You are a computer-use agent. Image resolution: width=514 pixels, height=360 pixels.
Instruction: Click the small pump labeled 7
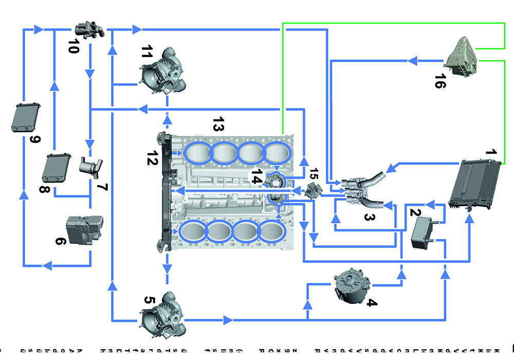90,166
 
